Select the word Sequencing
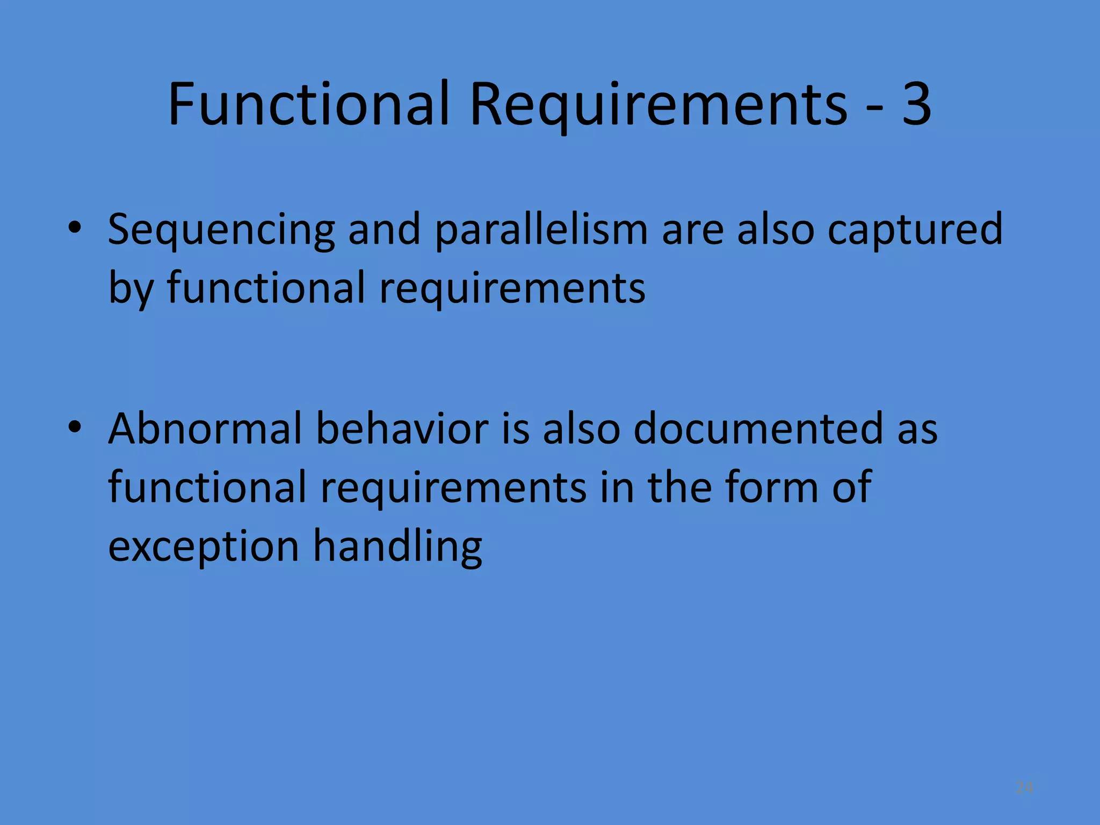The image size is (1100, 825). pos(221,230)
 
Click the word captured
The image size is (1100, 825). pos(915,230)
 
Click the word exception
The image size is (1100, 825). pos(204,547)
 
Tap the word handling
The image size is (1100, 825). pos(397,547)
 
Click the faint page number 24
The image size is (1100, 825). pos(1024,787)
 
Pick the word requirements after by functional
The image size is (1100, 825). pos(512,288)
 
